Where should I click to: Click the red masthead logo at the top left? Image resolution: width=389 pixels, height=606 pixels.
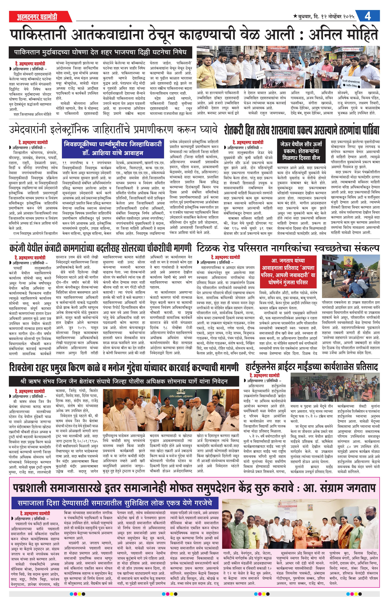(x=37, y=17)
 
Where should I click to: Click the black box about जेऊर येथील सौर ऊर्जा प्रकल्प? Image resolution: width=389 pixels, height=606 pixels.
(x=301, y=151)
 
